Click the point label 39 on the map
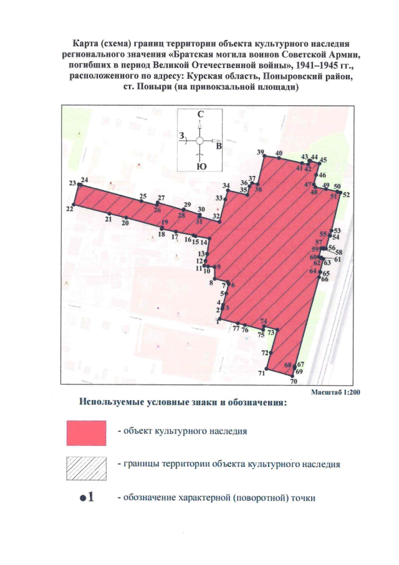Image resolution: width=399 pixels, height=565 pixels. [x=260, y=152]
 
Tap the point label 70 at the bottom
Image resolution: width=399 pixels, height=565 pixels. [x=293, y=381]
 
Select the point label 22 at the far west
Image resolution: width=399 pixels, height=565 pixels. [x=69, y=210]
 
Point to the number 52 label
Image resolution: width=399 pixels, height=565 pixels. [x=347, y=195]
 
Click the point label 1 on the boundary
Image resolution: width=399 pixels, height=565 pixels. [x=218, y=323]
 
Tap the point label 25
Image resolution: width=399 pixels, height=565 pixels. [x=143, y=197]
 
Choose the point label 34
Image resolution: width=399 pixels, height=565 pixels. [x=226, y=187]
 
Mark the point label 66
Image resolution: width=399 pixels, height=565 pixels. [x=324, y=278]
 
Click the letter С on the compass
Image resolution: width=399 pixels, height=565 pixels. [x=200, y=115]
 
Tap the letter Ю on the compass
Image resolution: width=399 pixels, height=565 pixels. [x=201, y=167]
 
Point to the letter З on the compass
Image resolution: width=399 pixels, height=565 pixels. [x=181, y=135]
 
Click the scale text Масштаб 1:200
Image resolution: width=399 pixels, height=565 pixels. [x=336, y=392]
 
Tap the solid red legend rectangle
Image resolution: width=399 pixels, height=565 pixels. [x=87, y=432]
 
